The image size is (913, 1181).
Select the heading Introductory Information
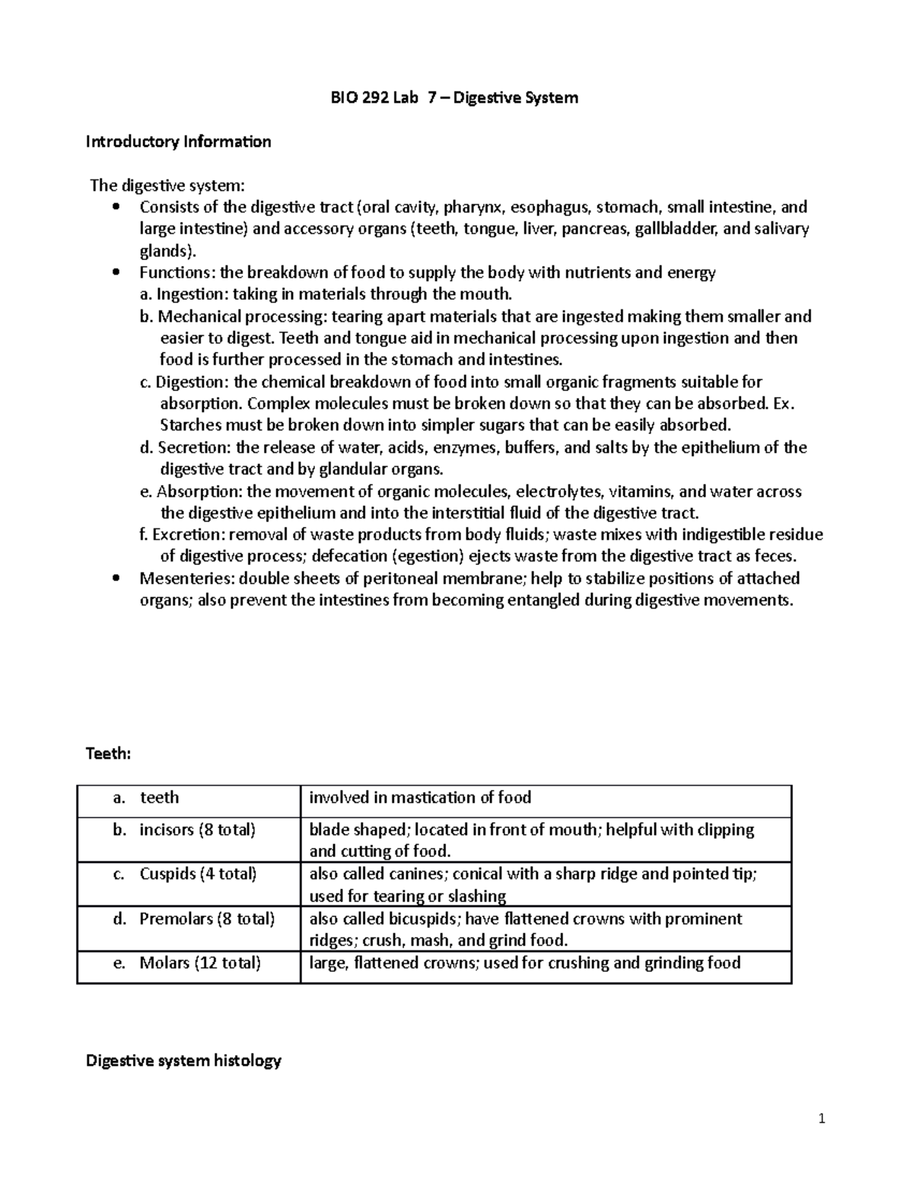(x=178, y=141)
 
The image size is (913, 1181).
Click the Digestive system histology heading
(x=183, y=1060)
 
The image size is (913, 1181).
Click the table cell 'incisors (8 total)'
(x=197, y=830)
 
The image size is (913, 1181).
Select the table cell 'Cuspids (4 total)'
(x=198, y=874)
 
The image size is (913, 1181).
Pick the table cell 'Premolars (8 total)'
(x=206, y=919)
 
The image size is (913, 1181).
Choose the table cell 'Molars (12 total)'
(x=199, y=963)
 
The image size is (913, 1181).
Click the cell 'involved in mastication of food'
(x=420, y=797)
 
